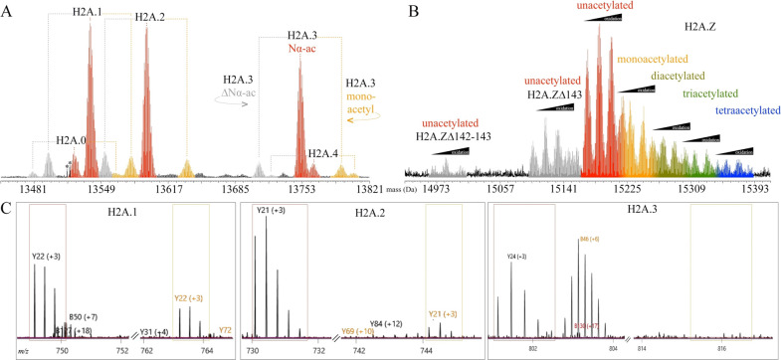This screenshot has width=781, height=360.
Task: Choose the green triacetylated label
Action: coord(711,93)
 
